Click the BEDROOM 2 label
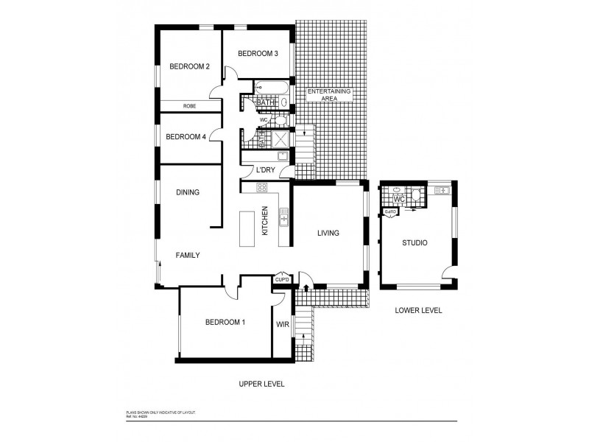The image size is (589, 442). coord(189,67)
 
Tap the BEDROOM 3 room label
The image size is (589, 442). coord(258,53)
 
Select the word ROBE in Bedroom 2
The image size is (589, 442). coord(189,106)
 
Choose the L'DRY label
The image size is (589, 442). coord(265,171)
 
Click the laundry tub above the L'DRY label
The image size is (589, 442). coord(282,156)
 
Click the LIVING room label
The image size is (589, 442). coord(328,234)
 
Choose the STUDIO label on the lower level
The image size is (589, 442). coord(415,242)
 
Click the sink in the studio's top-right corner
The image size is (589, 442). coord(442,191)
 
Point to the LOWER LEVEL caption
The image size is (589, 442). coord(417,310)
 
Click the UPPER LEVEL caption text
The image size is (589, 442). coord(261,384)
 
